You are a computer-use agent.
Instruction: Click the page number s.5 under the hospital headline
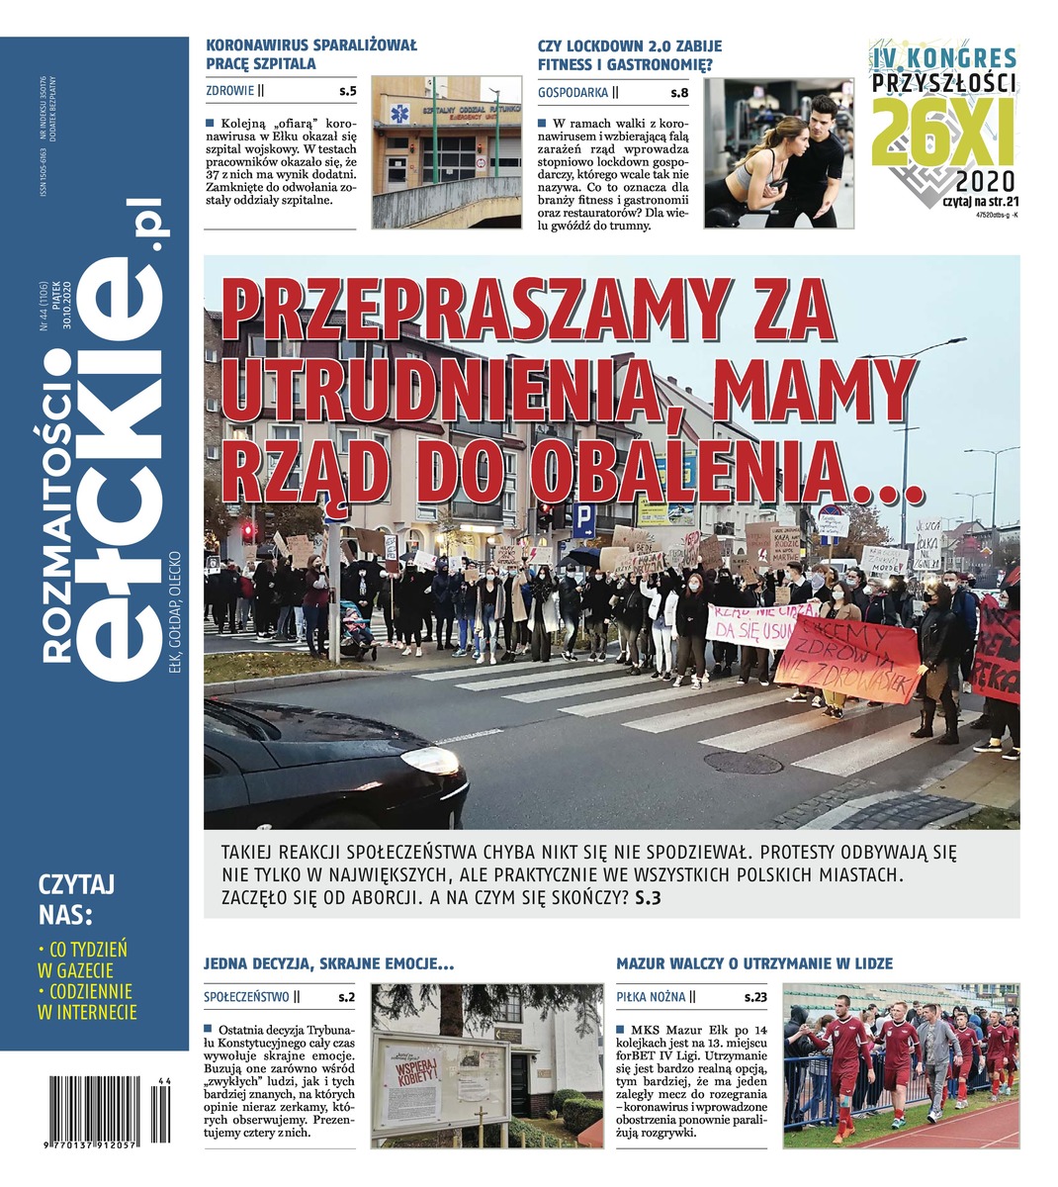[347, 92]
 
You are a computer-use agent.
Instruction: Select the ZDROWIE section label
[230, 92]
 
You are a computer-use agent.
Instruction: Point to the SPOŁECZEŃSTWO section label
[247, 997]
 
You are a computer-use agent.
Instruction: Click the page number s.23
[755, 997]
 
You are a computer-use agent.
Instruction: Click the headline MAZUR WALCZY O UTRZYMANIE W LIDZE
[753, 962]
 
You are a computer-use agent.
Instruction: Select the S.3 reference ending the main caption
[648, 898]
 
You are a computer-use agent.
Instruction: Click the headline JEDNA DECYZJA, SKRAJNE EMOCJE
[328, 962]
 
